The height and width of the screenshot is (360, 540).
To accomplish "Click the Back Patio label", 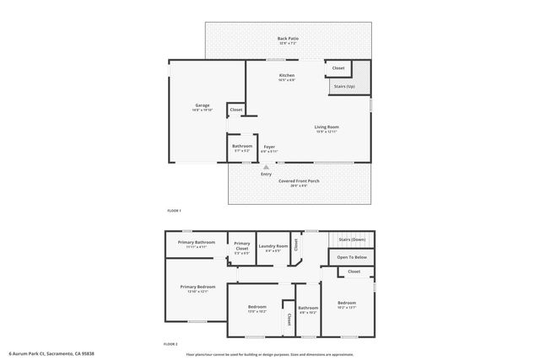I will point(288,39).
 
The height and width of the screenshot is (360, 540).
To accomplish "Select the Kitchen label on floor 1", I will point(287,76).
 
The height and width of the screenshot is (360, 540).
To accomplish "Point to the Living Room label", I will point(327,127).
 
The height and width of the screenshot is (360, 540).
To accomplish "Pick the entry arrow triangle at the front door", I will point(266,167).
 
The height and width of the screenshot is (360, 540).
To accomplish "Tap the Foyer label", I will point(269,148).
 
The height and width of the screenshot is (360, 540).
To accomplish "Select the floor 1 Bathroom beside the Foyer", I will point(241,147).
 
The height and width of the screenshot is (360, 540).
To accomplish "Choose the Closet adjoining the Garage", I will point(236,110).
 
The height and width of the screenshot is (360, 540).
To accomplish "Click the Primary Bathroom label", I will point(197,243).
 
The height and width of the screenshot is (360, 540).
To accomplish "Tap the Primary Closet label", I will point(242,245).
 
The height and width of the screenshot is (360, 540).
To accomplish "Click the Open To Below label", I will point(352,257).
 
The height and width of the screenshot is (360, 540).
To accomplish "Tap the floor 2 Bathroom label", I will point(308,309).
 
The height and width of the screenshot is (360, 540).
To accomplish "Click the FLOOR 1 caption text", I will point(173,211).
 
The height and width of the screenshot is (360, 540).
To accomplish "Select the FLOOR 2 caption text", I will point(171,344).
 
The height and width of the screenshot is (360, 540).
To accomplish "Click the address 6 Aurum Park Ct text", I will point(50,353).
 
